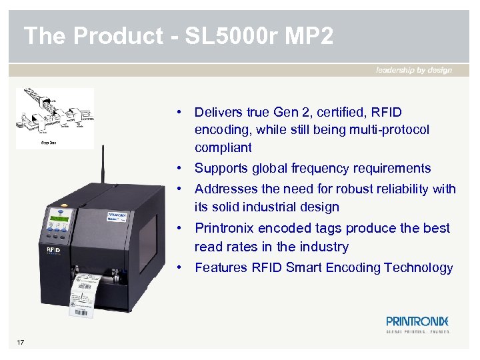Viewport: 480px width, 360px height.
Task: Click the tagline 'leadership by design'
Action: point(414,70)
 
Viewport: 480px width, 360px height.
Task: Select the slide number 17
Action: point(21,343)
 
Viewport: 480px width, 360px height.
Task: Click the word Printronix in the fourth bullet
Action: point(223,228)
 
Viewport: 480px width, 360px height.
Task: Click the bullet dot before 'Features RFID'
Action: point(181,268)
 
